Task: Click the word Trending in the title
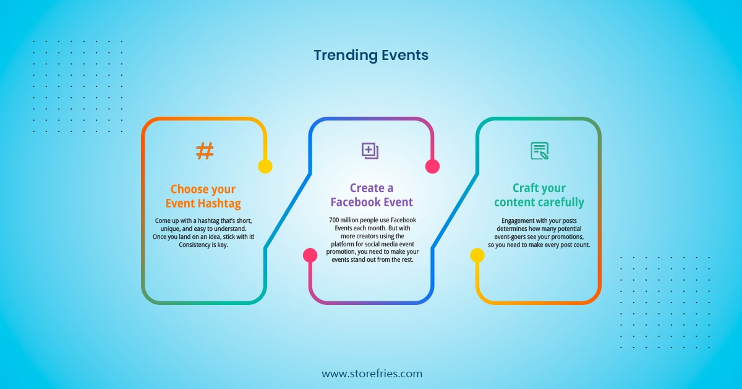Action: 346,56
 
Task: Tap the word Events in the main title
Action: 405,55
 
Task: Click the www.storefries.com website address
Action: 372,374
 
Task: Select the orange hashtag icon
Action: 205,151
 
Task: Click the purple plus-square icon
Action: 370,151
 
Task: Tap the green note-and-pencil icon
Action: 540,151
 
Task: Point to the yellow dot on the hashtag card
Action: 265,166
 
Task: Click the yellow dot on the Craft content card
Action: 477,256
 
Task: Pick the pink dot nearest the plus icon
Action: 432,166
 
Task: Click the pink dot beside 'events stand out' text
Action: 310,256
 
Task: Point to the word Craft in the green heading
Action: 523,188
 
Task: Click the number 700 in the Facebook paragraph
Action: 333,220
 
